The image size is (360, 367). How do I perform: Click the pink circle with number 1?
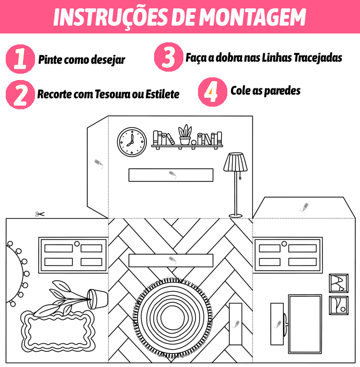(20, 59)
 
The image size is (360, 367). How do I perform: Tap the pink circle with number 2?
(20, 94)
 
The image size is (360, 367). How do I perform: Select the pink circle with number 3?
(168, 57)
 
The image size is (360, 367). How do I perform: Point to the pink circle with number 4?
(212, 91)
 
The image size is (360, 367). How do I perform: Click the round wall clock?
(132, 142)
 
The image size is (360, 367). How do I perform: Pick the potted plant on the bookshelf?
(185, 135)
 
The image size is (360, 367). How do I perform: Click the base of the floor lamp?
(236, 215)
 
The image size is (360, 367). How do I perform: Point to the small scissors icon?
(40, 214)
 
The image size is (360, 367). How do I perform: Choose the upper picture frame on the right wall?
(338, 283)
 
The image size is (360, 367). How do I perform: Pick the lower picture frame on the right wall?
(338, 305)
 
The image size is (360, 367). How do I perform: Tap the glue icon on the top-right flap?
(304, 208)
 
